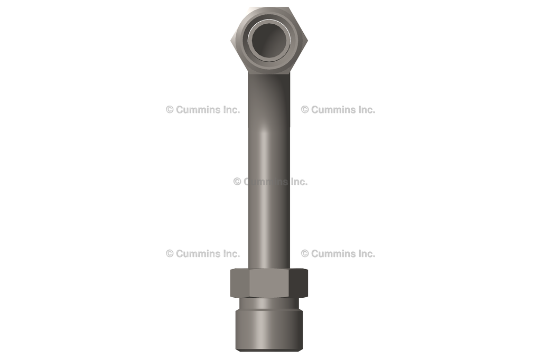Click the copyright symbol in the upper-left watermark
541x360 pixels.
point(170,110)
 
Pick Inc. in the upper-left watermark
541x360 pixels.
point(229,110)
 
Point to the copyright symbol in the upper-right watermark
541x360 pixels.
point(305,110)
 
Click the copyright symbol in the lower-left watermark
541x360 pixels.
point(170,254)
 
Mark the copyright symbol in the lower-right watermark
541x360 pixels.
point(305,254)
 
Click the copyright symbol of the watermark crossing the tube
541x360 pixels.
point(237,182)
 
